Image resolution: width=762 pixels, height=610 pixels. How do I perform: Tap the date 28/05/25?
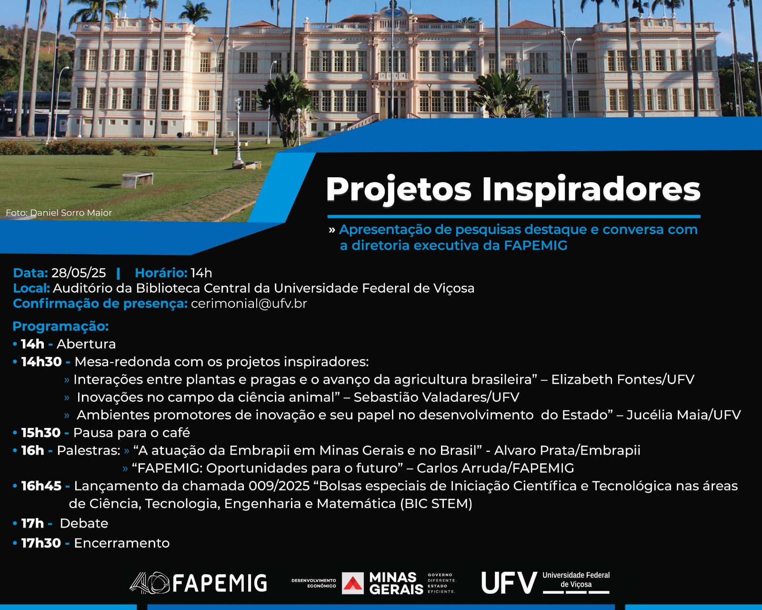(79, 273)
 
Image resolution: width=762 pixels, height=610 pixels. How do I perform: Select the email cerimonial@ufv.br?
(249, 304)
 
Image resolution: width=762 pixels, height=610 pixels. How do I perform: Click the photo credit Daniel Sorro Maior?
(71, 213)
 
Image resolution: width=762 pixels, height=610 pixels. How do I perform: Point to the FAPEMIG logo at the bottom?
(198, 583)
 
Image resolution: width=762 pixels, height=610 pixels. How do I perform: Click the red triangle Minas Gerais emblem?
(353, 583)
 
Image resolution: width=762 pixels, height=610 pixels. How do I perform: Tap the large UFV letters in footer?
(509, 583)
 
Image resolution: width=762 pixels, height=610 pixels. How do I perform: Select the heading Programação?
(60, 326)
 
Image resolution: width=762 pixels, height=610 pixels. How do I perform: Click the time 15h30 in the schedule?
(41, 433)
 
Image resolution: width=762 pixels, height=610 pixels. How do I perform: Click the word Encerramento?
(122, 543)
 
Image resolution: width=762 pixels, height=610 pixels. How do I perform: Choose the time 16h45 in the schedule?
(41, 486)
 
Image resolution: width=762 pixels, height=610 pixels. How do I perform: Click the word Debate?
(84, 524)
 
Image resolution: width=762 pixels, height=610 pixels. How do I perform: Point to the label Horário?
(161, 273)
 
